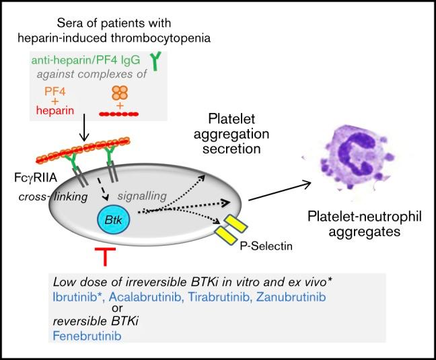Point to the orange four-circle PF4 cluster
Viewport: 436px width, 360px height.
(x=119, y=93)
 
